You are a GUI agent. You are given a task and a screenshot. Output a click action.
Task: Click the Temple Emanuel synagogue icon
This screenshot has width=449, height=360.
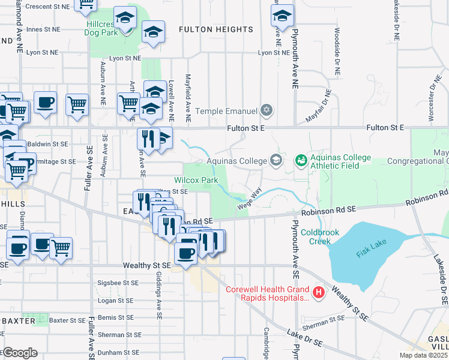(x=267, y=110)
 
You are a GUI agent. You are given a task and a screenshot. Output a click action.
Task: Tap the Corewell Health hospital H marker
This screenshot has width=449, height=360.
(x=319, y=292)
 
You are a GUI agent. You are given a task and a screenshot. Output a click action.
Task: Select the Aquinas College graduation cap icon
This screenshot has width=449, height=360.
(x=276, y=160)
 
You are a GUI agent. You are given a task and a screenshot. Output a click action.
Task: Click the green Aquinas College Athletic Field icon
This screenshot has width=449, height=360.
(x=301, y=160)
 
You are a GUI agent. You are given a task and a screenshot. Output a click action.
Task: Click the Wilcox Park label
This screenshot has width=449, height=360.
(x=196, y=180)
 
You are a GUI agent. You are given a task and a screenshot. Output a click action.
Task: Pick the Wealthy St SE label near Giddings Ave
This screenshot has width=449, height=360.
(x=147, y=265)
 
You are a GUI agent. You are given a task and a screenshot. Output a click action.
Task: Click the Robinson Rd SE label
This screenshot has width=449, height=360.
(x=329, y=210)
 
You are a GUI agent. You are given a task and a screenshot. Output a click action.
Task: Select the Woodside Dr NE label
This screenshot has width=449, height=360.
(x=337, y=51)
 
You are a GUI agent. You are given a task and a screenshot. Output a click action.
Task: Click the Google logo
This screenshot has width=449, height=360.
(x=19, y=353)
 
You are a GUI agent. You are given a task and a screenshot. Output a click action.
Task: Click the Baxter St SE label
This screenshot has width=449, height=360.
(x=68, y=321)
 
